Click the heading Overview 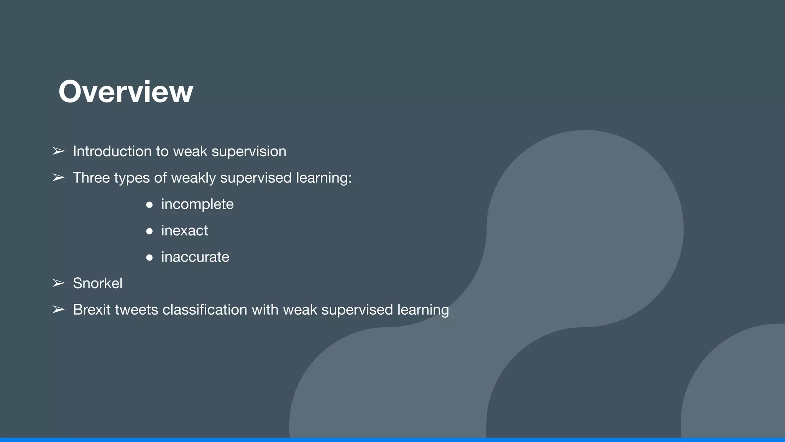pyautogui.click(x=126, y=92)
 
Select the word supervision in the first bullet pyautogui.click(x=249, y=152)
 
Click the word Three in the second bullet pyautogui.click(x=91, y=178)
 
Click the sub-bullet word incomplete pyautogui.click(x=197, y=204)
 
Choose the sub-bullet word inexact pyautogui.click(x=184, y=231)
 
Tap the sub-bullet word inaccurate pyautogui.click(x=195, y=257)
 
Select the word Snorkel pyautogui.click(x=98, y=283)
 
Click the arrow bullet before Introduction pyautogui.click(x=58, y=151)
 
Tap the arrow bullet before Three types pyautogui.click(x=58, y=178)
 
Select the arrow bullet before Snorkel pyautogui.click(x=58, y=283)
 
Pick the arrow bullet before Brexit pyautogui.click(x=58, y=310)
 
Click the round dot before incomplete pyautogui.click(x=149, y=205)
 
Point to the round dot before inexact pyautogui.click(x=149, y=231)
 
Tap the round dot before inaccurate pyautogui.click(x=149, y=257)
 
